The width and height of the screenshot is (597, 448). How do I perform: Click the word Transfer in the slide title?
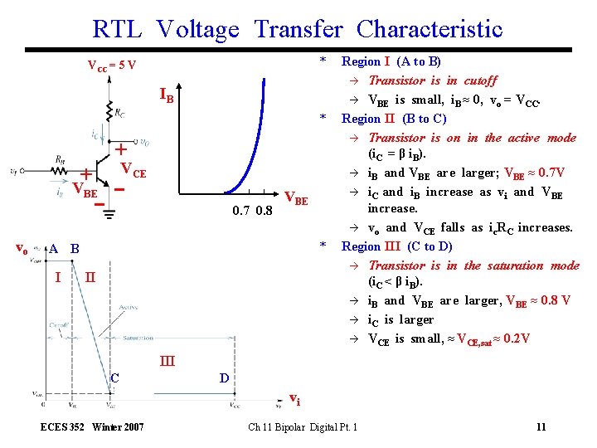(x=298, y=30)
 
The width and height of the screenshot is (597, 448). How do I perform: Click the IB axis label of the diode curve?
(x=167, y=97)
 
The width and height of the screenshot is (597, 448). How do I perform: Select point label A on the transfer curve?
(x=53, y=248)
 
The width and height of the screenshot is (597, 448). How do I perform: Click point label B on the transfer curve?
(x=75, y=248)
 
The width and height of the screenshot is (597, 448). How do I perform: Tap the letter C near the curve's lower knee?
(x=115, y=378)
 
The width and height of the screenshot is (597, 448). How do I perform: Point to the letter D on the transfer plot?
(x=224, y=378)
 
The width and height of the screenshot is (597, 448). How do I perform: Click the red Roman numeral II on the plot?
(x=89, y=276)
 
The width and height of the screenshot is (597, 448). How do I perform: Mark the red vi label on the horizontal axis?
(x=294, y=401)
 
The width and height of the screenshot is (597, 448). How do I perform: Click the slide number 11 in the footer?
(x=541, y=427)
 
